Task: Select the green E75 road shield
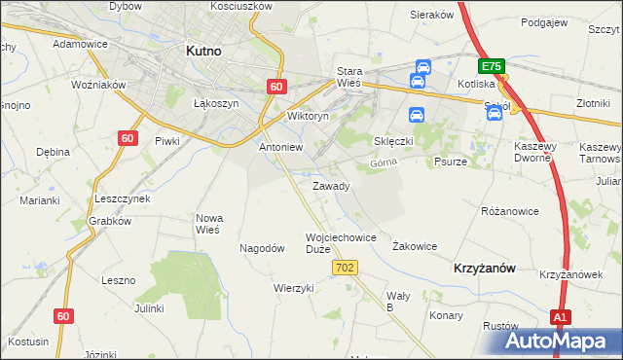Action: [491, 66]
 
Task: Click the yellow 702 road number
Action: [347, 267]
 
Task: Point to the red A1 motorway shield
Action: [560, 317]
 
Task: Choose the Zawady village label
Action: [331, 186]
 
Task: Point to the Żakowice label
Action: [414, 246]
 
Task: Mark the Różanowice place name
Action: [510, 210]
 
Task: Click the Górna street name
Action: [385, 163]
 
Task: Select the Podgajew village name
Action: [545, 21]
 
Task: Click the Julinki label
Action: [149, 307]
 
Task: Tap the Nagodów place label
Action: [262, 248]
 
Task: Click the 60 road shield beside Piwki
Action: [127, 138]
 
